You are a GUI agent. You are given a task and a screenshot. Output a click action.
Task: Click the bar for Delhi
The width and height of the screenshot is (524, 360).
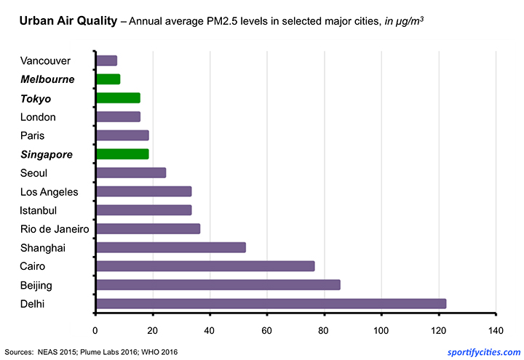click(271, 303)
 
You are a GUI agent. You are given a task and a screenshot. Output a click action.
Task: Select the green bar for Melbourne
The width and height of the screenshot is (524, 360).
click(108, 79)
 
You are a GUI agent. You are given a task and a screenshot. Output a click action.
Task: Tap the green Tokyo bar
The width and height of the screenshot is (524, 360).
click(118, 98)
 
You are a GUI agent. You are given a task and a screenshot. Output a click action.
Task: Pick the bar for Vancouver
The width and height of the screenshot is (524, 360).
click(106, 60)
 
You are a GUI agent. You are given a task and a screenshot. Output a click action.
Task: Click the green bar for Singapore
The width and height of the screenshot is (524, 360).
click(122, 154)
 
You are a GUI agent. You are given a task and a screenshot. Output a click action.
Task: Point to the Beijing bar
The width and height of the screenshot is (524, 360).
click(218, 284)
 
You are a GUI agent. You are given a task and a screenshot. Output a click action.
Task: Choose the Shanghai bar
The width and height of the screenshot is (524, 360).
click(171, 247)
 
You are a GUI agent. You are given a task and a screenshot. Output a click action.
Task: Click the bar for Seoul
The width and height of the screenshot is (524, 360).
click(131, 172)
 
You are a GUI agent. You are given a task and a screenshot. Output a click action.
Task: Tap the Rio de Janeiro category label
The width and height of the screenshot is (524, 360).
click(55, 229)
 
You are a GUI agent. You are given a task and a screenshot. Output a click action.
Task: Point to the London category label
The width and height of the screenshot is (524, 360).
click(39, 117)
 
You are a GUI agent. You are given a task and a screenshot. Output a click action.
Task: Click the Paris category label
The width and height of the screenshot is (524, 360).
click(33, 135)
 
